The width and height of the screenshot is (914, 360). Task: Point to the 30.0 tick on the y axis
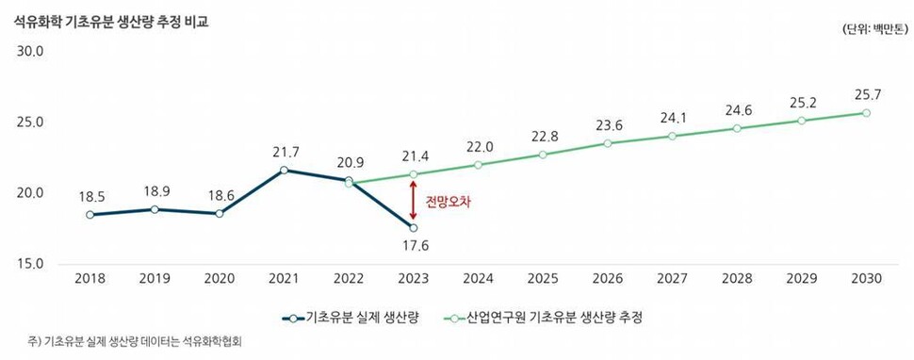click(x=30, y=52)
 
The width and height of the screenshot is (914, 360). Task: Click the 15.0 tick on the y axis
click(x=30, y=263)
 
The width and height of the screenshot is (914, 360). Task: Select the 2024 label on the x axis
click(x=478, y=279)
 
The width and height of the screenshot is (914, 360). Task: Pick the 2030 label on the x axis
click(x=865, y=279)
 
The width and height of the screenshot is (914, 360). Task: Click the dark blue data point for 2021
click(x=284, y=170)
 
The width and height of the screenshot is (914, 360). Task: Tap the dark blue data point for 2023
click(x=413, y=228)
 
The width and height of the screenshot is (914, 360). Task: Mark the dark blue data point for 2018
click(x=90, y=215)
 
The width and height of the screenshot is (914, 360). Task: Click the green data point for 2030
click(x=866, y=113)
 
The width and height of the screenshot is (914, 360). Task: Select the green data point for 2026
click(x=608, y=143)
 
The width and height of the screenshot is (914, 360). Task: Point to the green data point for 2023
click(x=413, y=174)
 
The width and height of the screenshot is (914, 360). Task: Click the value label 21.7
click(x=284, y=152)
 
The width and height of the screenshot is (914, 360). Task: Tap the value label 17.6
click(x=413, y=247)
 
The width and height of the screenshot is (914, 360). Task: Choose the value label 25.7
click(x=865, y=95)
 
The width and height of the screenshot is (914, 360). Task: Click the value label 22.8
click(x=543, y=136)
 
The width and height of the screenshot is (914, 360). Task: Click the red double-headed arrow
click(x=413, y=202)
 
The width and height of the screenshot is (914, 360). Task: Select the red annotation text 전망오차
click(x=448, y=202)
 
